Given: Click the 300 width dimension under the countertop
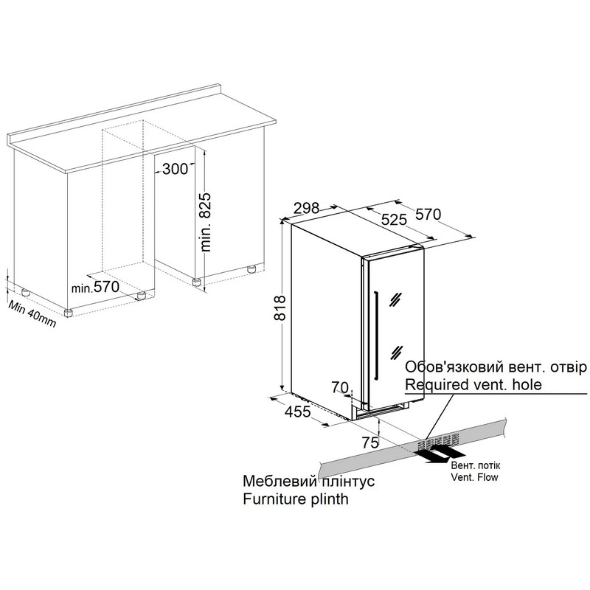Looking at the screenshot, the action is (175, 169).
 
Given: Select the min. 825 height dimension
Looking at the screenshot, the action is (206, 222).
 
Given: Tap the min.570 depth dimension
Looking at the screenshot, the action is (95, 288).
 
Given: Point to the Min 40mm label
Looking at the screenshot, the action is (32, 313).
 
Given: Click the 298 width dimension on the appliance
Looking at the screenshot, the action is (306, 208).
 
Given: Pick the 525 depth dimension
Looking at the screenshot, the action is (394, 219).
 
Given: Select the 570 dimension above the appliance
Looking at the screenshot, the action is (428, 214).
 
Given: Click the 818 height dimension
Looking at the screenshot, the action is (280, 308).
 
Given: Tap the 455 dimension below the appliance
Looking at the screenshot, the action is (298, 412).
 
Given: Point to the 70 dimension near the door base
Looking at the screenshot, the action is (340, 387).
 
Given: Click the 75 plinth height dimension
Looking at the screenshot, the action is (370, 442).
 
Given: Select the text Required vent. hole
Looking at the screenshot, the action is (473, 384).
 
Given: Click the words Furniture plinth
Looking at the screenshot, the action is (296, 499).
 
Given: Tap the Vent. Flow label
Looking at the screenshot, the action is (474, 477).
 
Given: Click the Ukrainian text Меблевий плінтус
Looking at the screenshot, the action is (308, 481).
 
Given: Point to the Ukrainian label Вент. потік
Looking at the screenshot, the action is (476, 465).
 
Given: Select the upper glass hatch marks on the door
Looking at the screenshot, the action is (396, 299).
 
